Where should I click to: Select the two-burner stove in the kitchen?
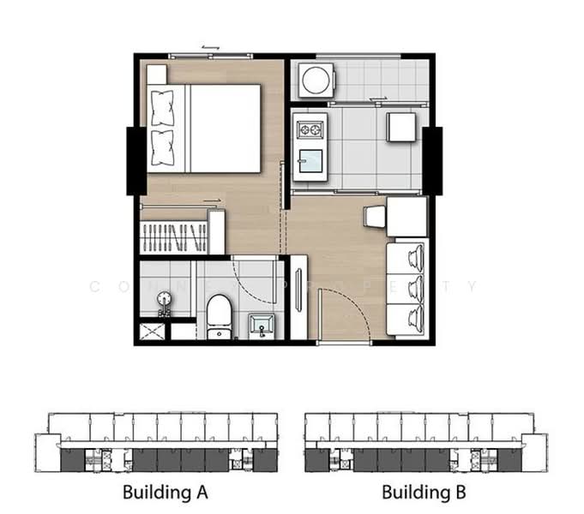point(309,130)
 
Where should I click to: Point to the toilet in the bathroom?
point(220,316)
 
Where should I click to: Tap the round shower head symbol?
point(166,300)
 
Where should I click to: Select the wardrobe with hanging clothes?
point(174,236)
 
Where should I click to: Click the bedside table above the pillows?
point(156,75)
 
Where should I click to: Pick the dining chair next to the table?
point(375,217)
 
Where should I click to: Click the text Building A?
point(165,493)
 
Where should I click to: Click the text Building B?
point(424,493)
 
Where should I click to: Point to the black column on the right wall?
point(432,160)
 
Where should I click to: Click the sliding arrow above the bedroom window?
point(210,47)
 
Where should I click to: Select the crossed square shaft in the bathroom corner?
point(154,331)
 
